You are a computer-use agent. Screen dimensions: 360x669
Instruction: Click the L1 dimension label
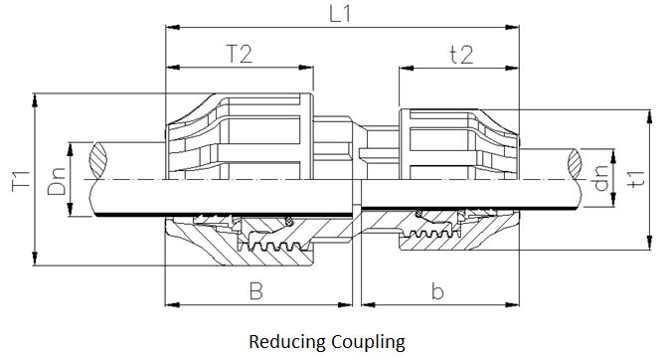tap(344, 15)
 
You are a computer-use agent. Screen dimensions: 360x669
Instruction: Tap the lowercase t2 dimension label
tap(459, 54)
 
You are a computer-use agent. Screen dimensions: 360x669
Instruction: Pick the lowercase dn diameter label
tap(599, 180)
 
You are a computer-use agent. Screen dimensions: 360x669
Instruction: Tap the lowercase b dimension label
tap(437, 291)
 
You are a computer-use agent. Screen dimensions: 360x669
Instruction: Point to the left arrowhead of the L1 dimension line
tap(169, 30)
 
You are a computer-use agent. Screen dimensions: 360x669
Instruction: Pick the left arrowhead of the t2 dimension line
tap(404, 69)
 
